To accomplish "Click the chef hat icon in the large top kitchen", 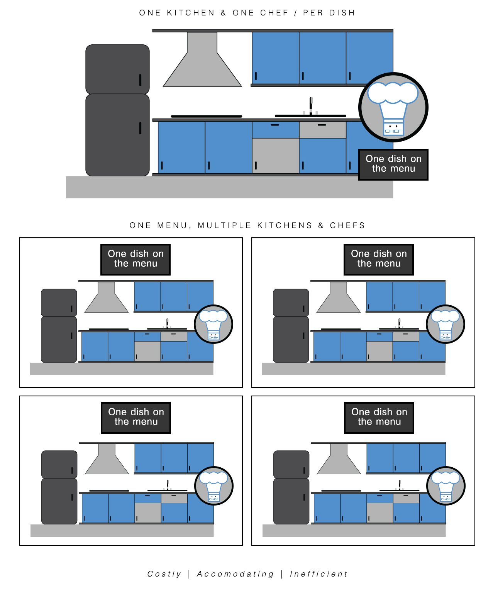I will tap(393, 107).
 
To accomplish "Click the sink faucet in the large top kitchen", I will tap(311, 106).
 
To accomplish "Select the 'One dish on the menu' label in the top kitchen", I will tap(393, 164).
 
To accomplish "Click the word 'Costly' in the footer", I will tap(164, 574).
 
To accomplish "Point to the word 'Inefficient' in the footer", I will tap(319, 574).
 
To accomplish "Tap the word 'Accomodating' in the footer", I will tap(235, 574).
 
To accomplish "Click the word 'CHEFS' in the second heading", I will tap(347, 225).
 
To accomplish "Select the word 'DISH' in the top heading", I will tap(342, 13).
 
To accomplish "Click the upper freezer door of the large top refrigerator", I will tap(117, 69).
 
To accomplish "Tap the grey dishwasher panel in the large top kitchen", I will tap(275, 156).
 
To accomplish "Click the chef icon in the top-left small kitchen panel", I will tap(213, 324).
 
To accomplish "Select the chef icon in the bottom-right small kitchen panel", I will tap(446, 486).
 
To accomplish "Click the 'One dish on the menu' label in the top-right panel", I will tap(379, 259).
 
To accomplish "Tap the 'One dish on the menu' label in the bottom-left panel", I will tap(136, 417).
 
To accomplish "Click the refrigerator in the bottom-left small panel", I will tap(59, 487).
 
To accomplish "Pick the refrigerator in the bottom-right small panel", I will tap(291, 487).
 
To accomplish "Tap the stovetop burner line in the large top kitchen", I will tap(206, 116).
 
